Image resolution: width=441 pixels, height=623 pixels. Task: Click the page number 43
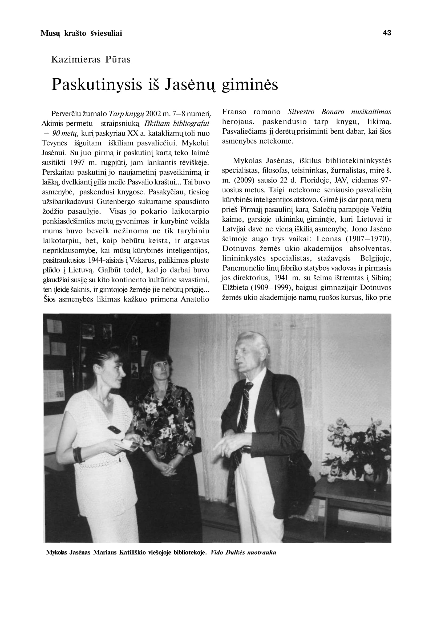pyautogui.click(x=387, y=33)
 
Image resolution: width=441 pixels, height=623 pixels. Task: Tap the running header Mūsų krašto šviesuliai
pyautogui.click(x=81, y=33)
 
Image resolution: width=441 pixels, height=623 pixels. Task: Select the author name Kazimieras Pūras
pyautogui.click(x=91, y=59)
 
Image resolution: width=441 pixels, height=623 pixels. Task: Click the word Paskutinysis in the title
pyautogui.click(x=97, y=84)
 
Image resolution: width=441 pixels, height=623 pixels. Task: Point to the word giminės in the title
pyautogui.click(x=250, y=84)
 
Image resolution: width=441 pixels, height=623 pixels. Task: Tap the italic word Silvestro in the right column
pyautogui.click(x=301, y=112)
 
